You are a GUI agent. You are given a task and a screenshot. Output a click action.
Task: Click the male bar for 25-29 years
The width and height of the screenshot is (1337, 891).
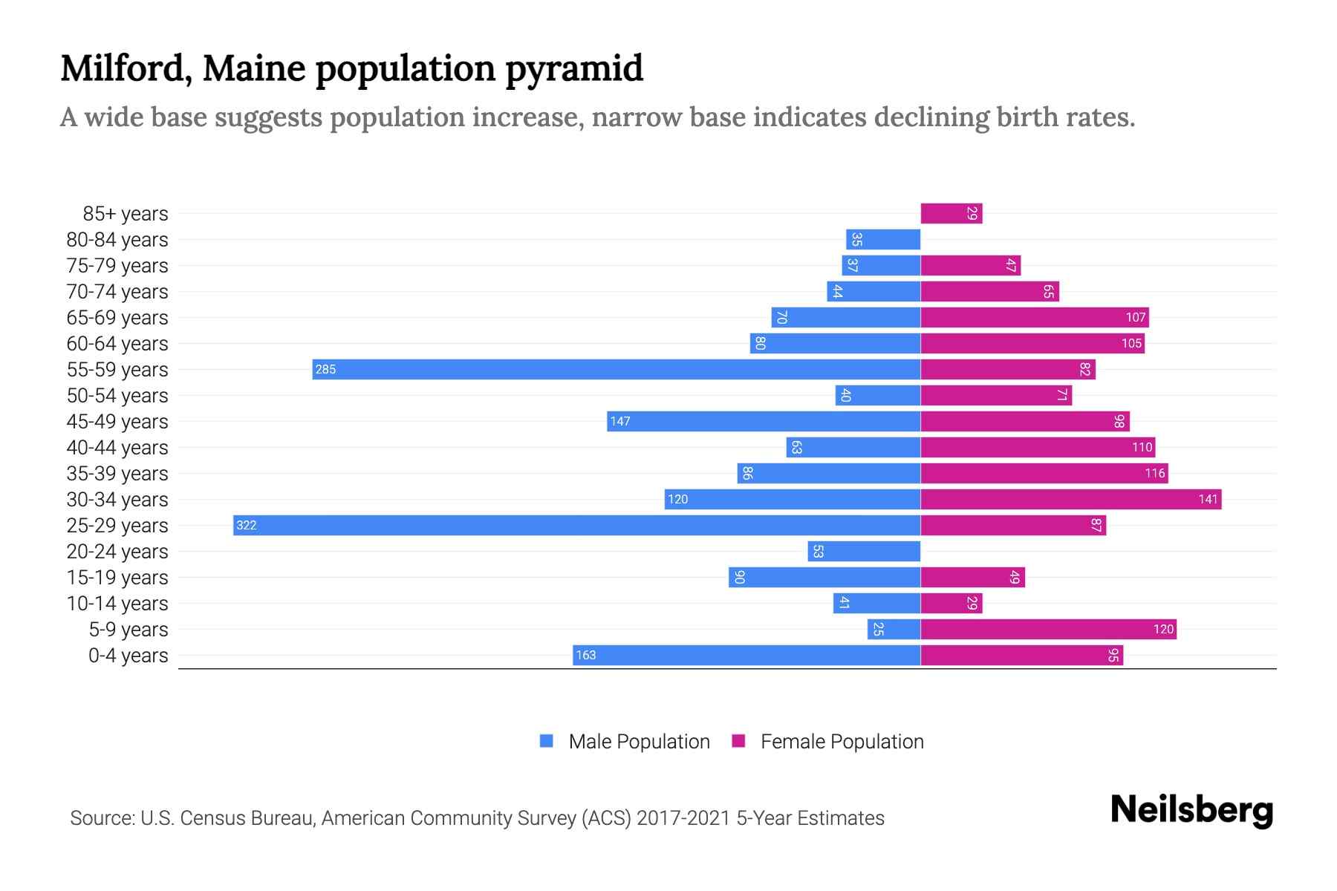point(576,525)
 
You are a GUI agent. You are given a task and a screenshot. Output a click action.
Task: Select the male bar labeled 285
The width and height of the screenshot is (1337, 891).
point(617,369)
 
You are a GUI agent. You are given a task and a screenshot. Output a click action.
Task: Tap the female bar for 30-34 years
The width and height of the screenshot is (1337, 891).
point(1070,499)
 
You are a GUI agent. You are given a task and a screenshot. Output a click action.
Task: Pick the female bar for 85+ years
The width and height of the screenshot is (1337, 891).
point(951,213)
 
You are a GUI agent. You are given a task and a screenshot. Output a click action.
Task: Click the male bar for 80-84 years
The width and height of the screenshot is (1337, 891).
point(883,239)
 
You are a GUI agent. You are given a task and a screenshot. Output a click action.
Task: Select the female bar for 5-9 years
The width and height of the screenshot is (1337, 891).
point(1048,629)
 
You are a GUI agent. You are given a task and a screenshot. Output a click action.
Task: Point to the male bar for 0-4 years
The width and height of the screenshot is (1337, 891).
point(746,655)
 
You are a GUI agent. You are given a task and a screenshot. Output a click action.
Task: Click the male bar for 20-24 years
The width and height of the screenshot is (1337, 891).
point(864,551)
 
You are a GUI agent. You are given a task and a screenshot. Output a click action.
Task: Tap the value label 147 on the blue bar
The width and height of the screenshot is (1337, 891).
point(619,422)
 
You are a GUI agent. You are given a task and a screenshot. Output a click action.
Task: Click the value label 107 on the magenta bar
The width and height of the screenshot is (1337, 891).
point(1135,318)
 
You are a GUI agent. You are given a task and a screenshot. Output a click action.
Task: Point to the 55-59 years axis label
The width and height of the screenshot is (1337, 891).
point(117,370)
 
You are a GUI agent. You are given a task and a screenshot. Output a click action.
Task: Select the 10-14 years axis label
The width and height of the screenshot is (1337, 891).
point(117,604)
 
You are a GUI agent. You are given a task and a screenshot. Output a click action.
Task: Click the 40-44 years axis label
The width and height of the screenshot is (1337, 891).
point(117,448)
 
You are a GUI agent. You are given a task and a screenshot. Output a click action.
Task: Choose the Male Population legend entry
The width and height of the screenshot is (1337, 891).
point(638,741)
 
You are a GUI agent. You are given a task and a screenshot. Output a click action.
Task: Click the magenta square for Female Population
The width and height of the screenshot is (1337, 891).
point(738,741)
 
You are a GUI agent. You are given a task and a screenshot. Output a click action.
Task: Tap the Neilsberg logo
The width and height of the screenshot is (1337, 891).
point(1191,810)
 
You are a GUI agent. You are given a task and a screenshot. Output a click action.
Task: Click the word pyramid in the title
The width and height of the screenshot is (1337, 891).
point(574,69)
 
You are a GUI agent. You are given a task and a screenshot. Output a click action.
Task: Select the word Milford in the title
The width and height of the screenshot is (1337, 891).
point(126,69)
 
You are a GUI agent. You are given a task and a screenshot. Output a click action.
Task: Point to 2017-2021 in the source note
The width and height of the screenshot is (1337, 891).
point(683,818)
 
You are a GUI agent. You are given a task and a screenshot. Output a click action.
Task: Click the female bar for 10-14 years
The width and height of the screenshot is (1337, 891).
point(951,603)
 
